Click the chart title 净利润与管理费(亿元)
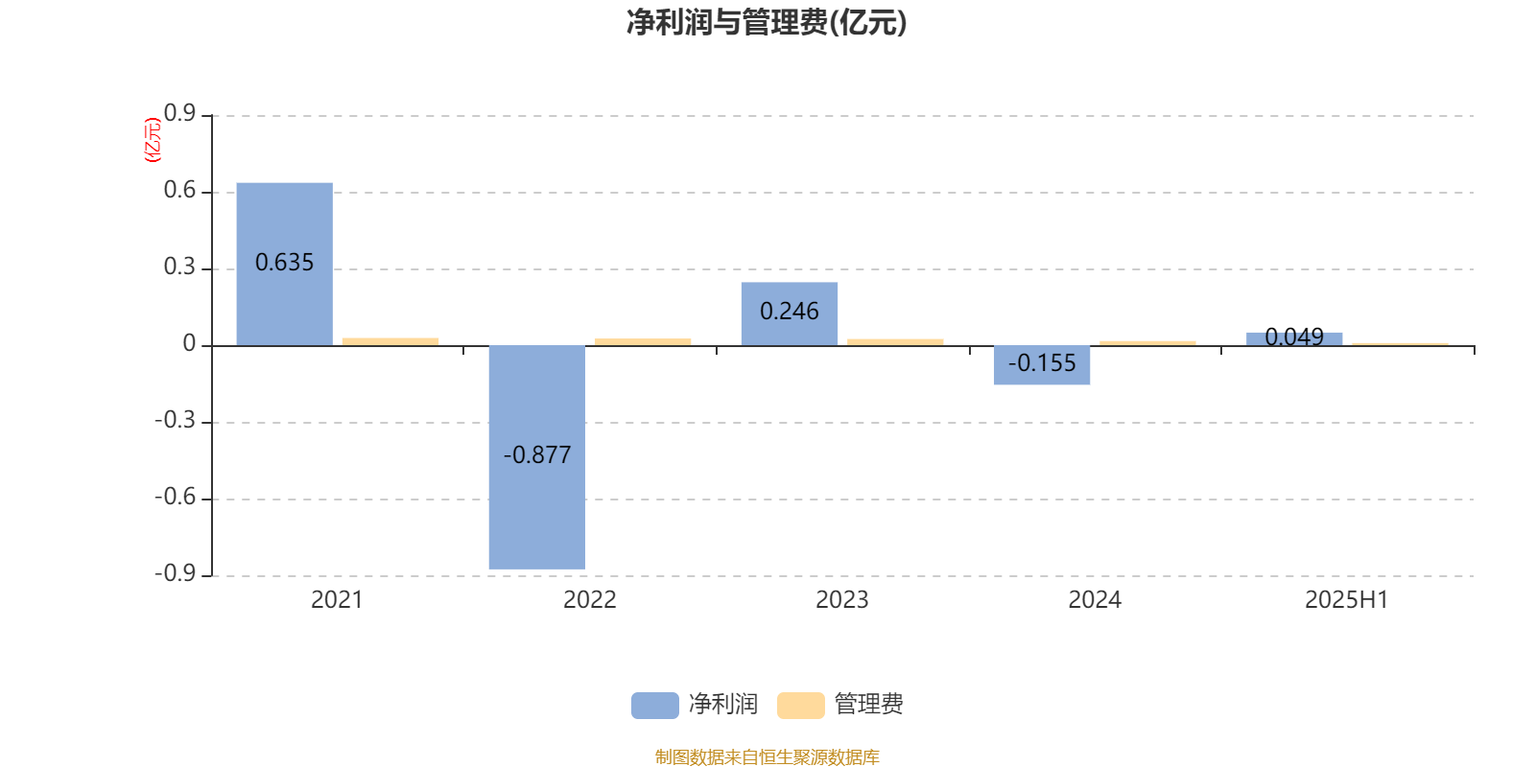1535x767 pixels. coord(767,23)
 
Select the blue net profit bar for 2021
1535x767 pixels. coord(284,265)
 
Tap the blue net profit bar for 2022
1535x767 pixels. coord(537,457)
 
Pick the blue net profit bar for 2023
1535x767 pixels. coord(790,314)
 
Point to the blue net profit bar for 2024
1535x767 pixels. coord(1042,365)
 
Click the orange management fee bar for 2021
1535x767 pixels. coord(390,341)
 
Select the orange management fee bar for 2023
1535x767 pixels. coord(895,342)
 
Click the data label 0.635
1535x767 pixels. coord(284,263)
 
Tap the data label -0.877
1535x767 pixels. coord(537,454)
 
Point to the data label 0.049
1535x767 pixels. coord(1294,337)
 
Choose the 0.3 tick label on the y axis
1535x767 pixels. coord(179,267)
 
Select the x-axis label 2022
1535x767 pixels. coord(589,600)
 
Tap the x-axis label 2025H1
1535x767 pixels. coord(1347,600)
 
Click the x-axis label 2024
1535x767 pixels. coord(1095,600)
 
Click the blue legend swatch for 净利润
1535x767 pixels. coord(655,706)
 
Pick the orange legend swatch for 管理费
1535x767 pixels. coord(800,706)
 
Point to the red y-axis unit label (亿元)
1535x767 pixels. coord(153,140)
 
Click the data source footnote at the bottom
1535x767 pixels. coord(767,756)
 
